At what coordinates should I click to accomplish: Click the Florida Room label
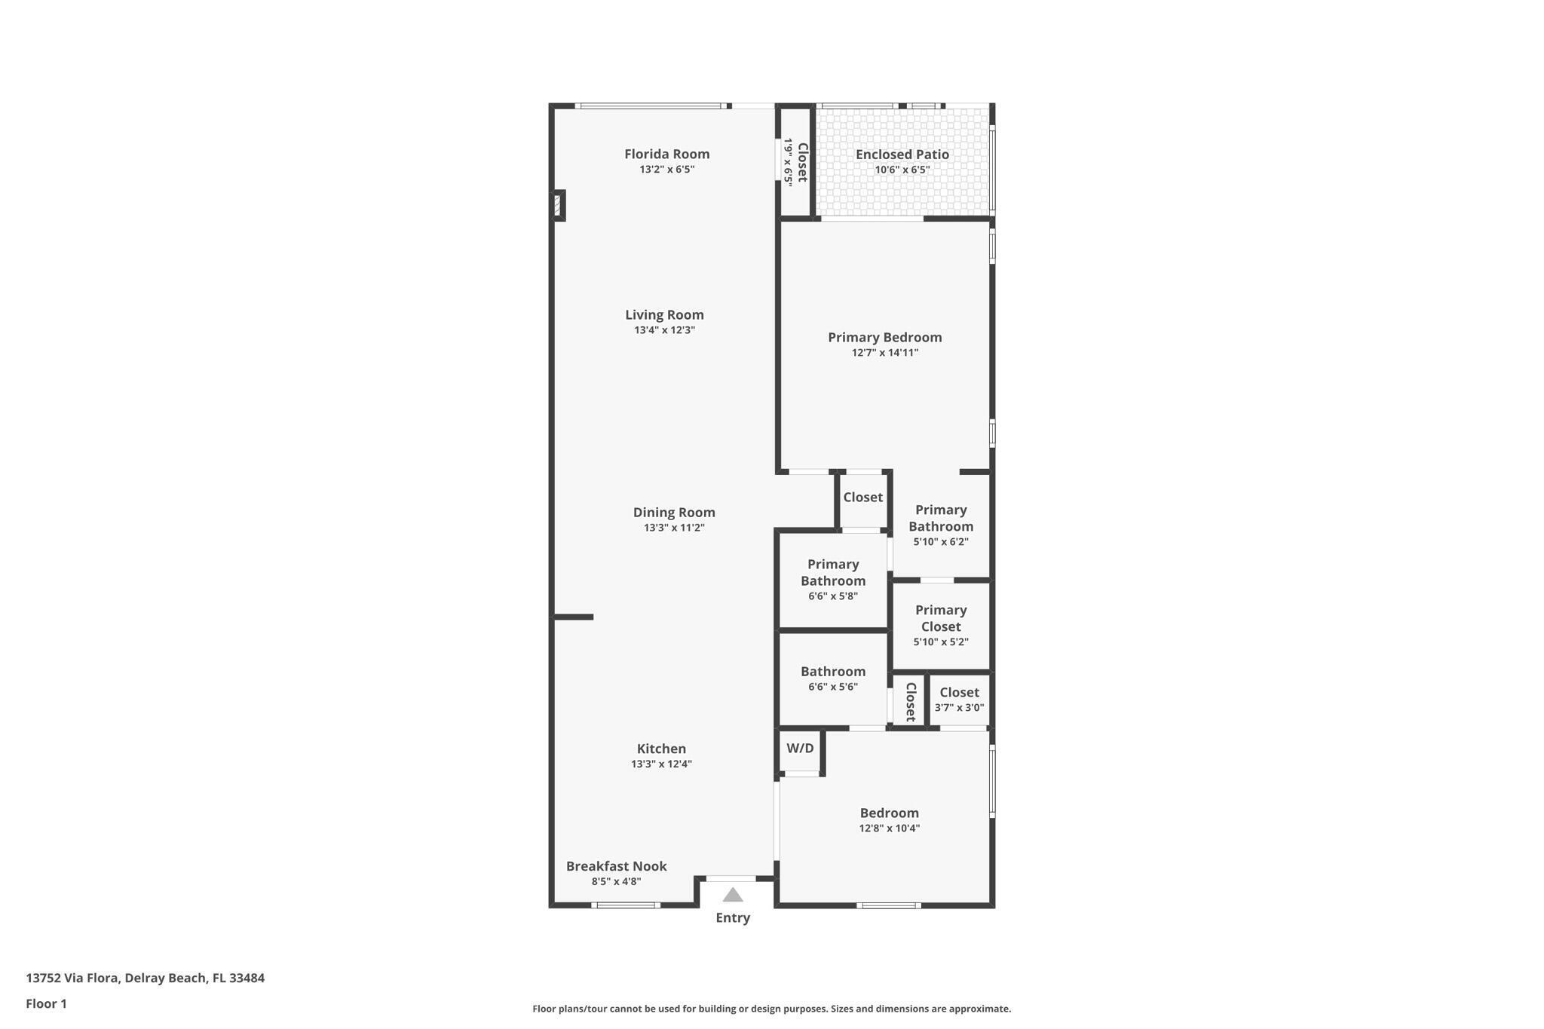[x=666, y=154]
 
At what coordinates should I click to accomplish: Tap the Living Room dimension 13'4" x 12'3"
[x=664, y=330]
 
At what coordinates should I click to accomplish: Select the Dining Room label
[x=673, y=513]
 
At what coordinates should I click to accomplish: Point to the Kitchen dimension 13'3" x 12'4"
[x=661, y=764]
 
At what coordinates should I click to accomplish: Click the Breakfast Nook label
[x=616, y=866]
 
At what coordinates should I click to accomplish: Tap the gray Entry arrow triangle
[x=733, y=896]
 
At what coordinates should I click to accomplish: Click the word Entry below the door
[x=733, y=917]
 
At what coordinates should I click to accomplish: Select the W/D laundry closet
[x=800, y=749]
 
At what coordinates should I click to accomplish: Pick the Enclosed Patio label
[x=902, y=154]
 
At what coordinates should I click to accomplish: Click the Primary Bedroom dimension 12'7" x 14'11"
[x=884, y=353]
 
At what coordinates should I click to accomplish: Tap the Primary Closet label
[x=940, y=618]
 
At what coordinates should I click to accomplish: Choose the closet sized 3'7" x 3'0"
[x=959, y=700]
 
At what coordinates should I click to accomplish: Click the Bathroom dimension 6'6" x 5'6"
[x=832, y=687]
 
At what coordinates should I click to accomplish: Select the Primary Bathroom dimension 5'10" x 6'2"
[x=940, y=541]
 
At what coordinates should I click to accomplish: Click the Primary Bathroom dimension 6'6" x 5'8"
[x=832, y=596]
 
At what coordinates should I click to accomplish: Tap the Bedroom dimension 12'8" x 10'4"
[x=889, y=828]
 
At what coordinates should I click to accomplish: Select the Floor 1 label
[x=46, y=1003]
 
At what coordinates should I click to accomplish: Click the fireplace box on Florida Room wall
[x=558, y=205]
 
